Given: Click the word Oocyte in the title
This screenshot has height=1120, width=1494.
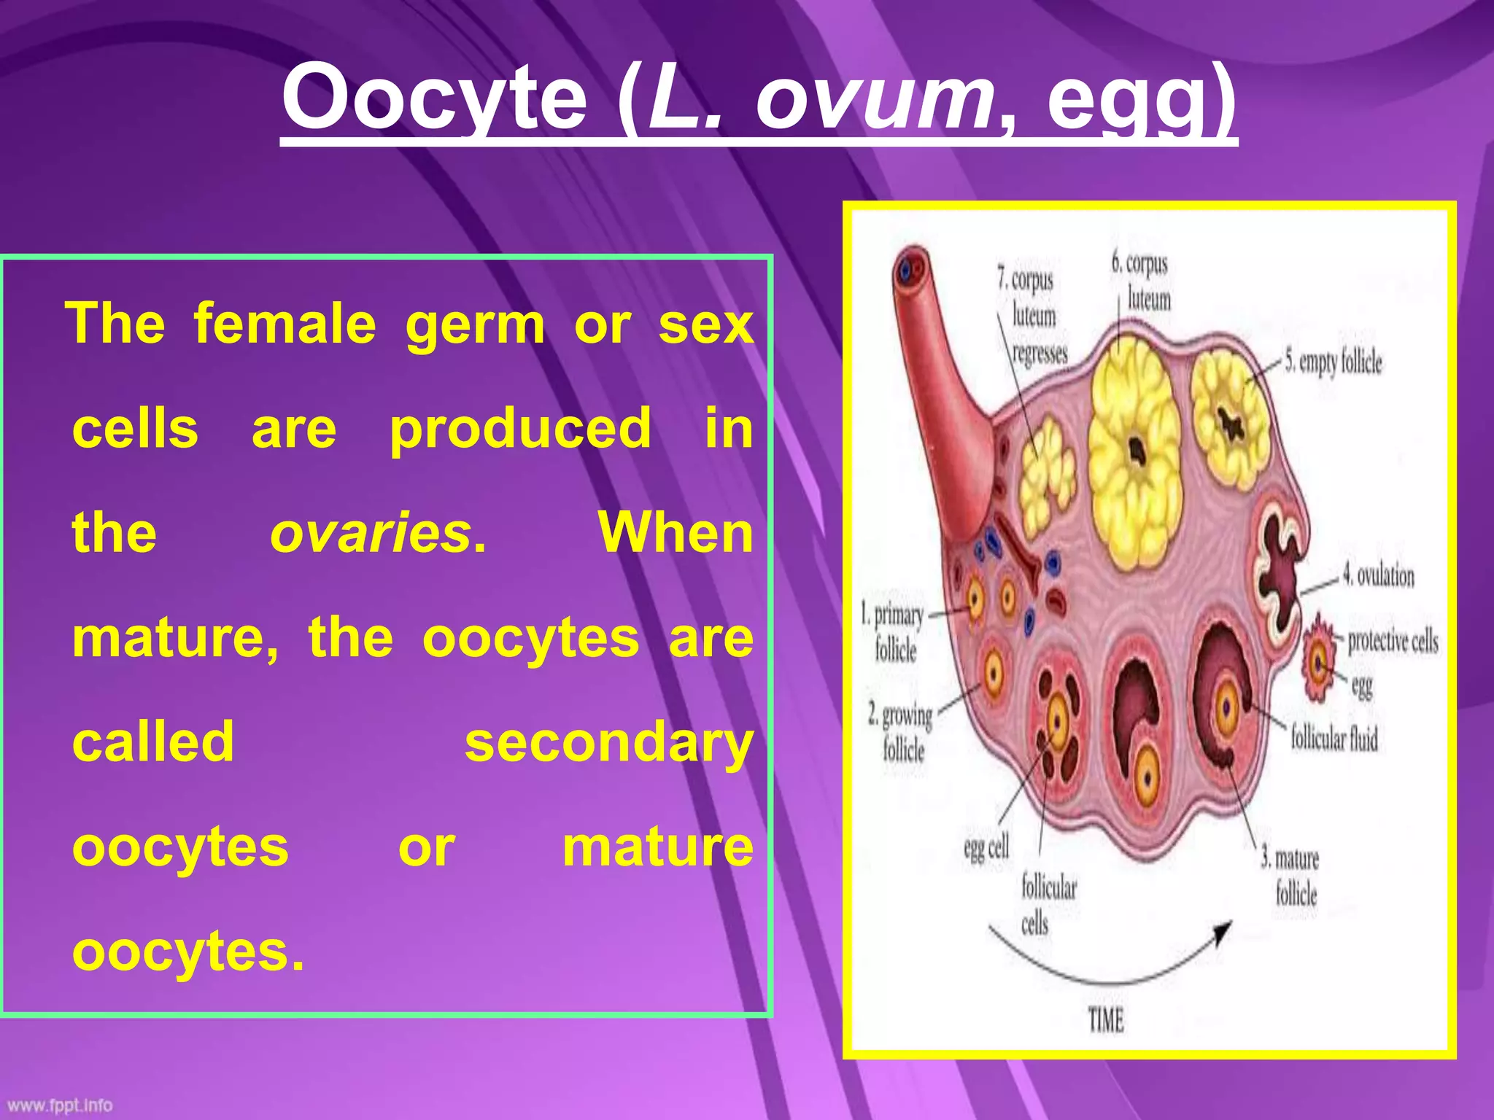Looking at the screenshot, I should [x=435, y=98].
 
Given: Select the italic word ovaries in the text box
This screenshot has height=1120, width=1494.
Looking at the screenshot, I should [x=371, y=533].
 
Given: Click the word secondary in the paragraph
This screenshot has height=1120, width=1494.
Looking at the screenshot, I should [x=609, y=742].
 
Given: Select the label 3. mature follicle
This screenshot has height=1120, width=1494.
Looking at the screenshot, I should [x=1292, y=876].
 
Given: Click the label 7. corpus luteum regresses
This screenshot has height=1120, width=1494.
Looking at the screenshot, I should [x=1033, y=315].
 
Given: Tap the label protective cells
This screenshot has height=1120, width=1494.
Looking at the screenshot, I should [x=1393, y=641].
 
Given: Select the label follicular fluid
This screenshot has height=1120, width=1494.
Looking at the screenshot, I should [x=1334, y=738].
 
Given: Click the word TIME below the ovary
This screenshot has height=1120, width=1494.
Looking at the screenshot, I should [x=1106, y=1019].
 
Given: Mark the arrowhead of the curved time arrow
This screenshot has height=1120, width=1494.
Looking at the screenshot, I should [x=1223, y=933].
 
